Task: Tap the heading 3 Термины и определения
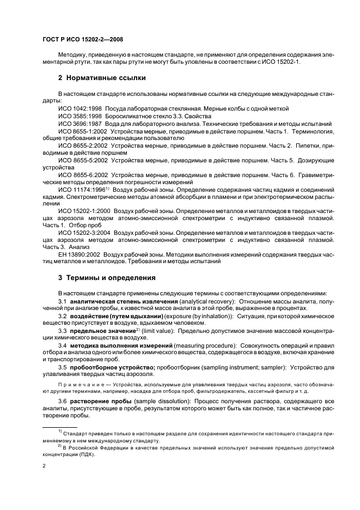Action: point(107,277)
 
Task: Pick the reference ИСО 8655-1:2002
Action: point(83,131)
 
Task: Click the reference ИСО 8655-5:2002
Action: point(83,161)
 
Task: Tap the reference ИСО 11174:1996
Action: point(82,190)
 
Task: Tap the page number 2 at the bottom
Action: point(44,466)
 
